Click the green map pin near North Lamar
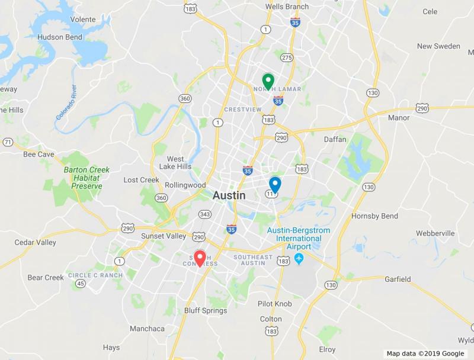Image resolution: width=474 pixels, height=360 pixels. point(268,81)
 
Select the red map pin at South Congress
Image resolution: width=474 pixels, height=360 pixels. point(200,258)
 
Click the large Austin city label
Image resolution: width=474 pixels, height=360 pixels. point(229,195)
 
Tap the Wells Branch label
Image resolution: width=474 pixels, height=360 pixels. point(287,7)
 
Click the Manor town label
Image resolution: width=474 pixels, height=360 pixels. point(398,118)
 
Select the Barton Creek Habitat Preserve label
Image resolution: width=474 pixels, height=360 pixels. point(87,178)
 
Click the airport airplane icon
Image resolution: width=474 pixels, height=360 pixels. point(299,259)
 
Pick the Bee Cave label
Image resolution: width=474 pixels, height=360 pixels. point(39,155)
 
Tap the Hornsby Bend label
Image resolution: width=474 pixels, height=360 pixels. point(374,216)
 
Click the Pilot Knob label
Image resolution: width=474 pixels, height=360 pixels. point(274,304)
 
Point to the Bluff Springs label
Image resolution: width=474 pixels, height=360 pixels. point(206,311)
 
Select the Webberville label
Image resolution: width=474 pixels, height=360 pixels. point(434,233)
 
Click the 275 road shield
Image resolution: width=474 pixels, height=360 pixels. point(287,57)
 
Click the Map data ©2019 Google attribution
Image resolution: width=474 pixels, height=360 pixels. point(425,353)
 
